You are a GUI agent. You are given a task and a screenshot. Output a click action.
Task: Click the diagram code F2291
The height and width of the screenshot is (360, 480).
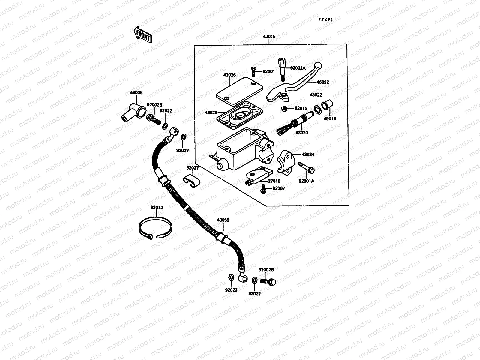point(326,19)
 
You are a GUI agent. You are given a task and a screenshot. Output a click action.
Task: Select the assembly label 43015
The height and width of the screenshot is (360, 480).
point(269,36)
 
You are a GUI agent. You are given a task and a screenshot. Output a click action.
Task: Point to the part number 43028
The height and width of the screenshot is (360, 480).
point(211,112)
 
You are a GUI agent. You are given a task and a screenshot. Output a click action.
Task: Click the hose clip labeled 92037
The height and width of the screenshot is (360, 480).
point(192,181)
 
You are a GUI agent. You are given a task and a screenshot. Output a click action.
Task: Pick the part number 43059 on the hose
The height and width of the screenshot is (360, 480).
point(223,220)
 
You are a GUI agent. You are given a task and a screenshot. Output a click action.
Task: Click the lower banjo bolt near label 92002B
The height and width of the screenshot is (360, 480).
point(268,282)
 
